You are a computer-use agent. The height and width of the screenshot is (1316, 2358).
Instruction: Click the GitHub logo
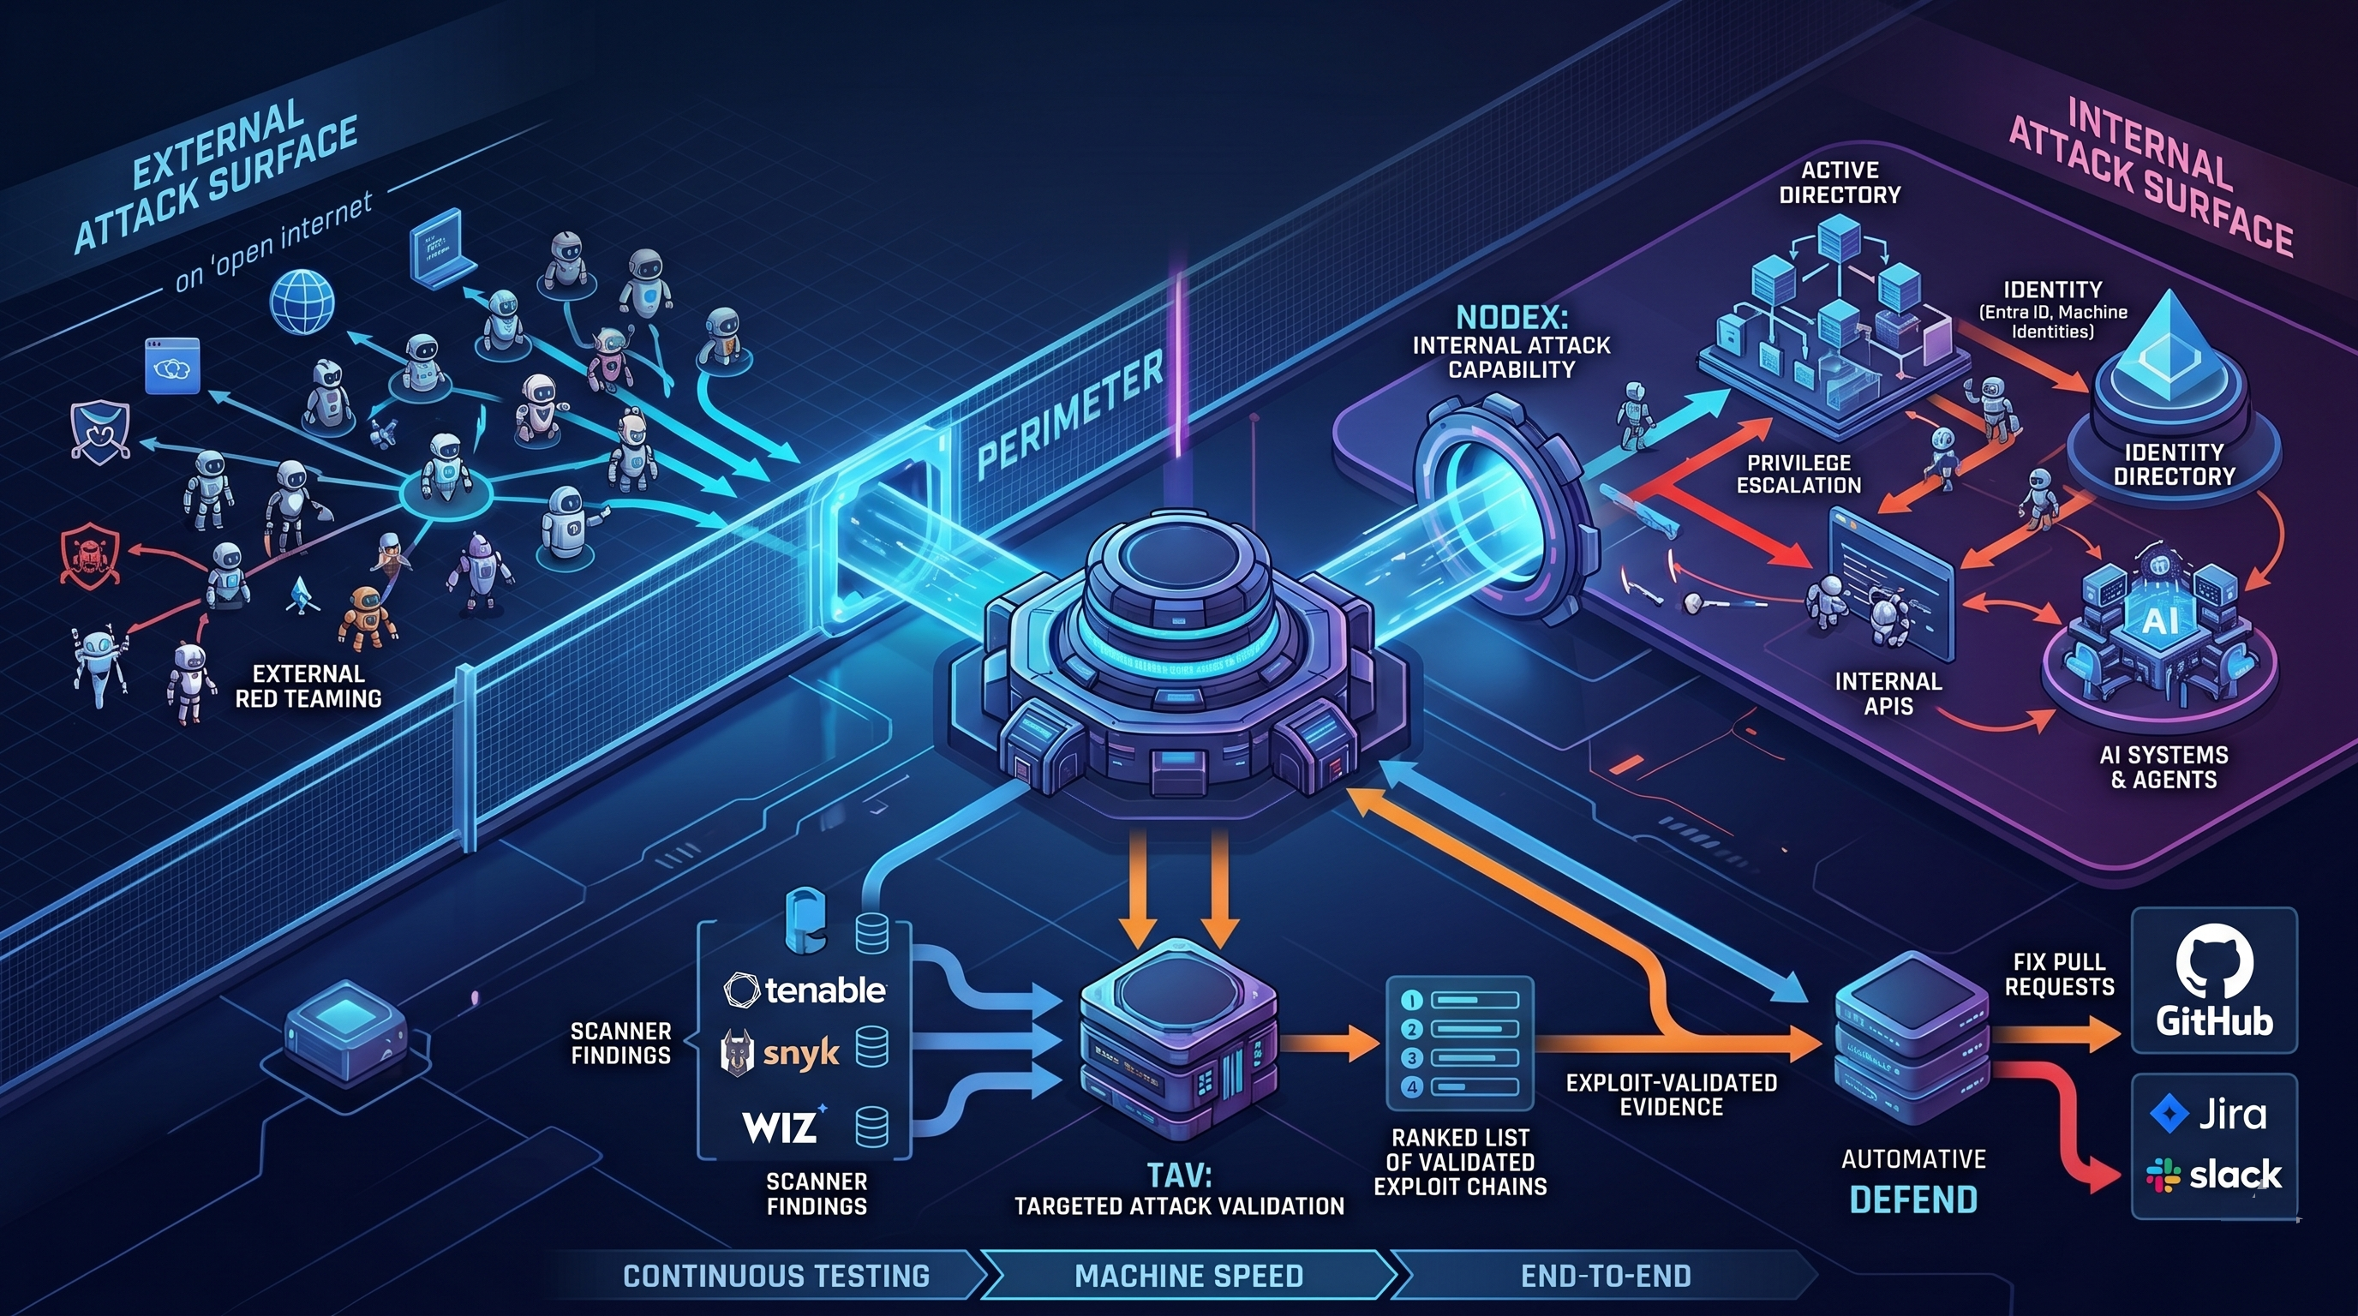point(2214,981)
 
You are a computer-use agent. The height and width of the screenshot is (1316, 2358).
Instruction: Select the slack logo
point(2213,1174)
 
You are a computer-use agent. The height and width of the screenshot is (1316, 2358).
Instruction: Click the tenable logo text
point(805,990)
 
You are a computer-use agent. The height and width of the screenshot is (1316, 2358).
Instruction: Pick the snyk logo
point(780,1052)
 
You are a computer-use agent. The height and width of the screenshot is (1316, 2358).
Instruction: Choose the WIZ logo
point(783,1125)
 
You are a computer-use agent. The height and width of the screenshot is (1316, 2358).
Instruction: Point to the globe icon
point(302,301)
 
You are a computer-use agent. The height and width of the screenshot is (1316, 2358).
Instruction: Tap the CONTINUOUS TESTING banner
point(775,1276)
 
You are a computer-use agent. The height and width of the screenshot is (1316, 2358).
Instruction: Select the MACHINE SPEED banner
point(1188,1276)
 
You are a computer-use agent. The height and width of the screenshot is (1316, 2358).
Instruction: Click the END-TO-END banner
point(1606,1276)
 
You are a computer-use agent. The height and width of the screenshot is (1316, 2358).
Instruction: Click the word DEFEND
point(1913,1199)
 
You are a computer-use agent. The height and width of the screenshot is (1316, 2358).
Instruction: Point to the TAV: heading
point(1179,1174)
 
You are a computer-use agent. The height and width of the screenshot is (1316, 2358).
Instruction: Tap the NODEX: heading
point(1511,318)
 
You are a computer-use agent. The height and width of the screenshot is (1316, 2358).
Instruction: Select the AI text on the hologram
point(2160,620)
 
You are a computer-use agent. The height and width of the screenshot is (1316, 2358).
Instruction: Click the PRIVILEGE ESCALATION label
point(1798,473)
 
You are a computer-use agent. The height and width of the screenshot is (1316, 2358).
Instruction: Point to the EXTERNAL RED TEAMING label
point(308,686)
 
